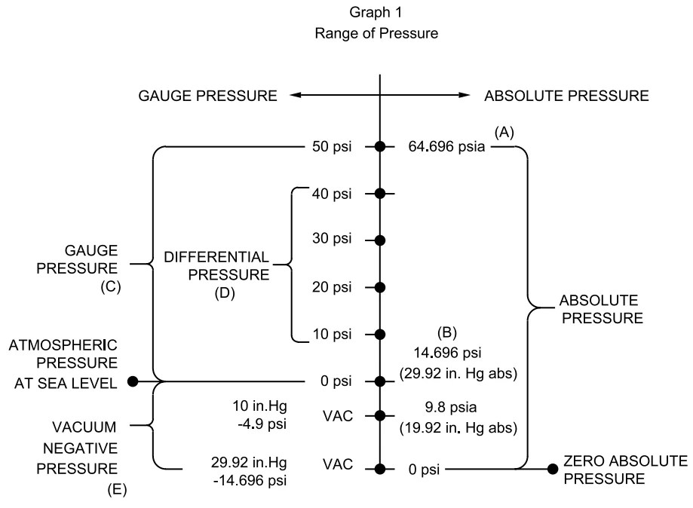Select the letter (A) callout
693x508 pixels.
[x=504, y=131]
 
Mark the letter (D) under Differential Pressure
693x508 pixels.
[x=225, y=294]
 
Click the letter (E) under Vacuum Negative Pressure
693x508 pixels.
[x=117, y=490]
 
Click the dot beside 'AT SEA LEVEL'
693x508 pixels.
[x=133, y=381]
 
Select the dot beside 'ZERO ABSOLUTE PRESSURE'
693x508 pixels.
[x=553, y=469]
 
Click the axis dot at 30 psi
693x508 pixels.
[x=380, y=240]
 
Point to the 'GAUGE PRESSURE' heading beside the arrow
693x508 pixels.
[x=207, y=96]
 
